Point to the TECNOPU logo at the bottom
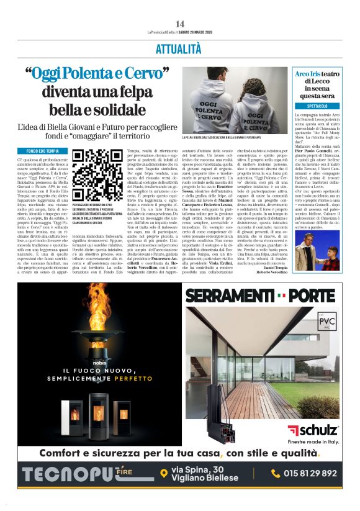pyautogui.click(x=71, y=474)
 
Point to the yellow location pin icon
pyautogui.click(x=164, y=474)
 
